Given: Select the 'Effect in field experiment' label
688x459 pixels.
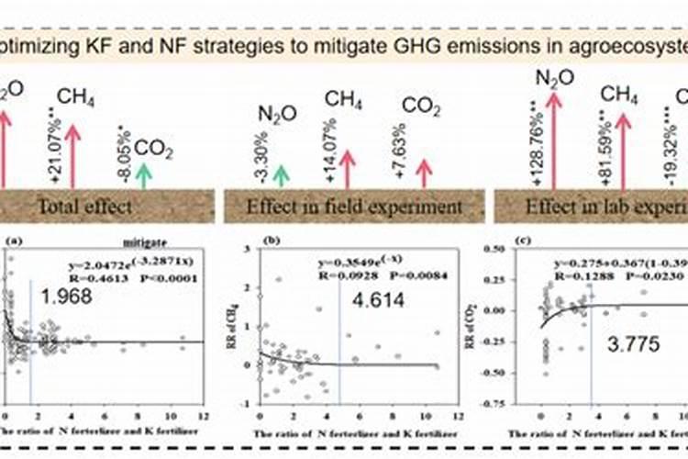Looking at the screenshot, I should (354, 206).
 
